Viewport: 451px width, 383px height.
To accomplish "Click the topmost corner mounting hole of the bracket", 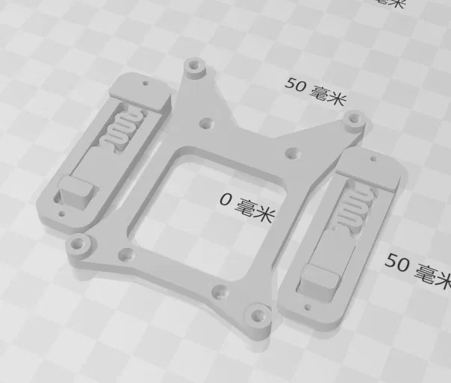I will pos(196,66).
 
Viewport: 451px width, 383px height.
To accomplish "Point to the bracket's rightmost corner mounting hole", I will pos(354,118).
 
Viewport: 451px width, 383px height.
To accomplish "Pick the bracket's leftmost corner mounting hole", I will pos(77,243).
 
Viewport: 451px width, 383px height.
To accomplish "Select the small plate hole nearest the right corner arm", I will pos(293,153).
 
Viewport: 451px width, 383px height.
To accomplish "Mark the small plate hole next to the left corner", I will pos(126,254).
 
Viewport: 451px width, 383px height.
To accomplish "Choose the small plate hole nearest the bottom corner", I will pos(219,290).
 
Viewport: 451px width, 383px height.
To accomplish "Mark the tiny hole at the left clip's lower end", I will pos(60,215).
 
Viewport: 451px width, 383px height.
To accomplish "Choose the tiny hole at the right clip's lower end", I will pos(305,306).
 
